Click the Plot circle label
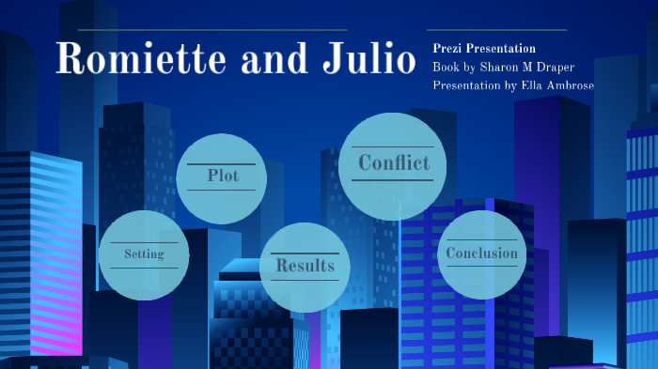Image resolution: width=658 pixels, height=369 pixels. (x=223, y=176)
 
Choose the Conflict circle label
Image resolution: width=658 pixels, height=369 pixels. (x=394, y=162)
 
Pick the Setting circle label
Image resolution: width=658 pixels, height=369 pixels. (x=144, y=254)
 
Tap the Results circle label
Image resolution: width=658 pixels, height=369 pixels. (x=305, y=266)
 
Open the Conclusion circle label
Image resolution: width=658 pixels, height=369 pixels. (x=481, y=253)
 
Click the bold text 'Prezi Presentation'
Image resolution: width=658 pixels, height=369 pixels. (x=484, y=48)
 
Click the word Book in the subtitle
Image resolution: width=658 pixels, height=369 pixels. (x=446, y=68)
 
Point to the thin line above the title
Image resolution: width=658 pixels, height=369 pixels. (x=203, y=30)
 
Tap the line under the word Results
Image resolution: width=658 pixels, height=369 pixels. (x=305, y=280)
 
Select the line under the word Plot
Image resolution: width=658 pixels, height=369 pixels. (x=223, y=190)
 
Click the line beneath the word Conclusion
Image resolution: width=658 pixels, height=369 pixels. (x=481, y=266)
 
